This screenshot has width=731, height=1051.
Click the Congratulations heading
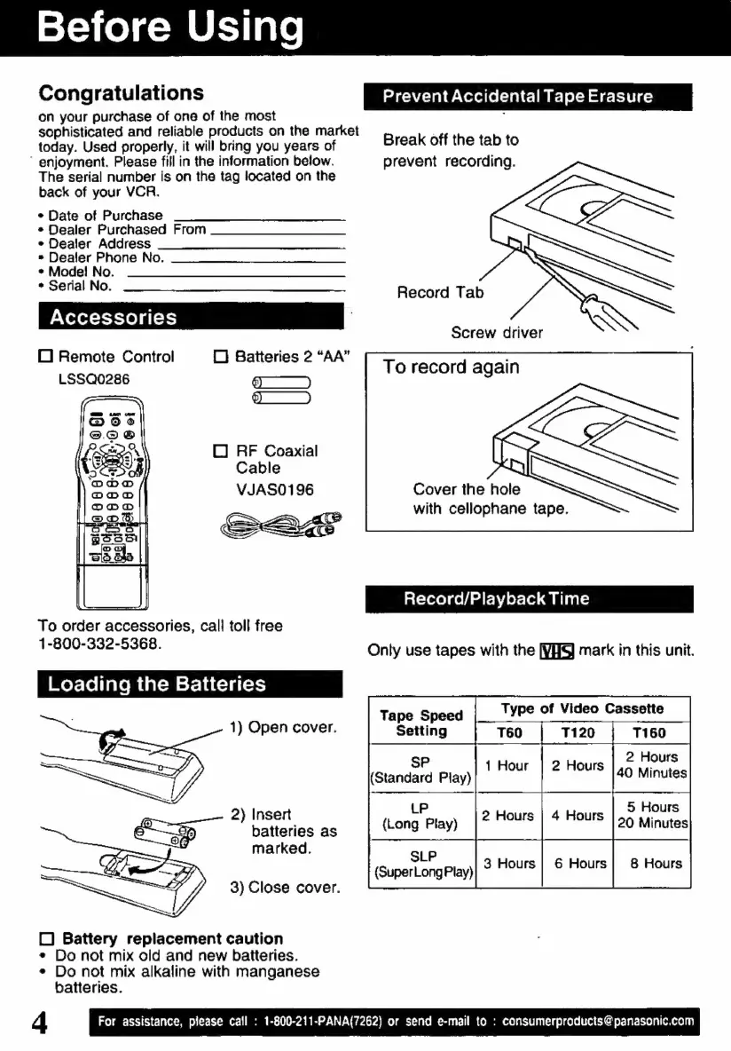[x=121, y=93]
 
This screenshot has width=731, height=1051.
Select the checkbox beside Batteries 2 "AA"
[x=221, y=357]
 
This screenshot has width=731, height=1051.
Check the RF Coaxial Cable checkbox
[x=221, y=452]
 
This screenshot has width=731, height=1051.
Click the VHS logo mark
[x=557, y=651]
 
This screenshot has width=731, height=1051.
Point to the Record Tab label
[x=441, y=292]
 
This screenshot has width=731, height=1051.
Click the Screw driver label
[x=497, y=333]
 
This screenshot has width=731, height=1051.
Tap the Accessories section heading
[x=114, y=317]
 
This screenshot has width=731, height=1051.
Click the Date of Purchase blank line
[x=259, y=218]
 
